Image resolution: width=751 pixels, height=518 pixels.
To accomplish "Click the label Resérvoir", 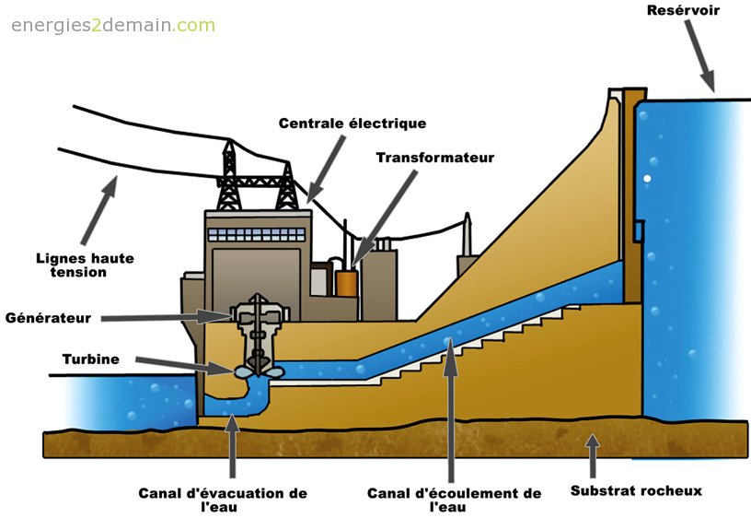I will (682, 11).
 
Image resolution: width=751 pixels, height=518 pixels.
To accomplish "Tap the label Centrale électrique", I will (352, 123).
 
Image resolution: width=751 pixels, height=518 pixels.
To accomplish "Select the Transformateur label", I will (434, 158).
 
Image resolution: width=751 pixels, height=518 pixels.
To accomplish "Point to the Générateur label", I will (48, 318).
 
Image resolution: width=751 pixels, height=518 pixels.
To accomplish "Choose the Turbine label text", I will (91, 359).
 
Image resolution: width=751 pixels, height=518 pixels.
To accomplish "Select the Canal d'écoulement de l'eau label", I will (454, 500).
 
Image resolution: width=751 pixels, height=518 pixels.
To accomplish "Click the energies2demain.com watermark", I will (113, 25).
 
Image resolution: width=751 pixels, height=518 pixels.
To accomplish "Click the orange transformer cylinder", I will (346, 282).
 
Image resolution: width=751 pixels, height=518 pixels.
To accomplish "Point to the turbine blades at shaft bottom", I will (256, 371).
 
